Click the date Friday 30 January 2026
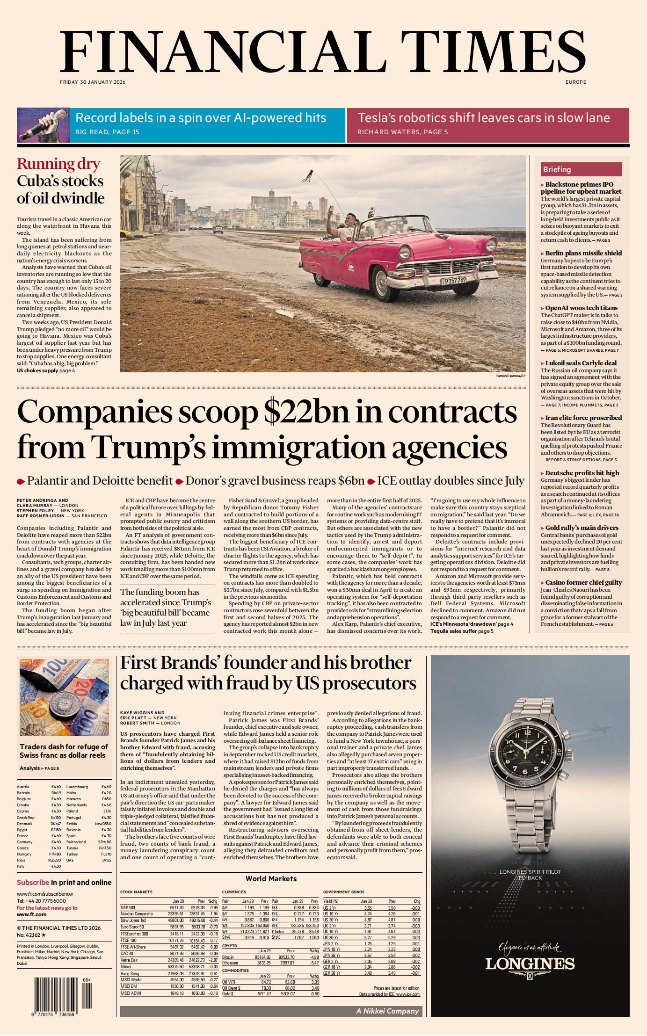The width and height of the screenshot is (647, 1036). coord(93,82)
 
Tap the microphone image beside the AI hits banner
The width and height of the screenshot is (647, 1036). coord(43,125)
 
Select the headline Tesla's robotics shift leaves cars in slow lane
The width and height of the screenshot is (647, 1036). coord(483,118)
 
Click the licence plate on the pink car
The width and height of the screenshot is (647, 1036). coord(455,280)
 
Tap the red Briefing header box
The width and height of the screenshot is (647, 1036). coord(581,169)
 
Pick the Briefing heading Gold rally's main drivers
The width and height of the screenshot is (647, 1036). coord(582,528)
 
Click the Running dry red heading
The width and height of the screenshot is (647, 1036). coord(58,164)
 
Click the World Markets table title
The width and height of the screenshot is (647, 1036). coord(271,879)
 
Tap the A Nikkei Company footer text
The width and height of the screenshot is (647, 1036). coord(387,1011)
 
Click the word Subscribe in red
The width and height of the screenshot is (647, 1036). coord(33,882)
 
